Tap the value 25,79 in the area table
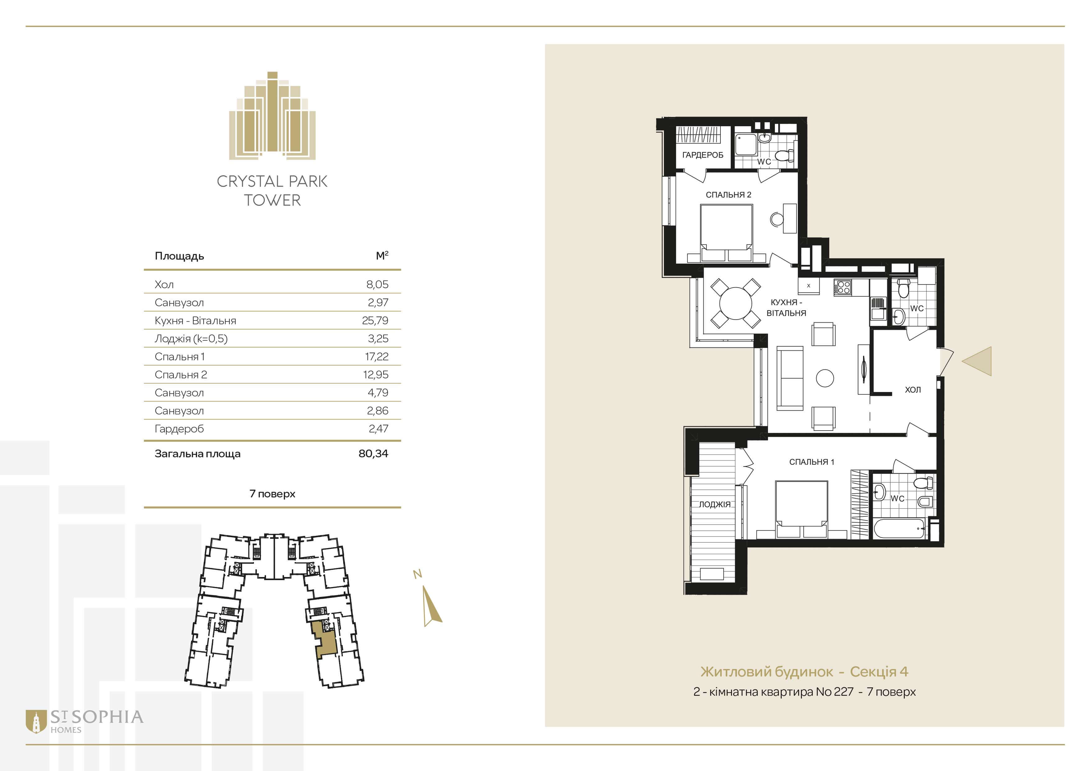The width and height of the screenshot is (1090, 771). (x=375, y=321)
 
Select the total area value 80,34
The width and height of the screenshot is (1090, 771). (x=373, y=453)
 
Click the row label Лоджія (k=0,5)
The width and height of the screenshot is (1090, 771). (x=191, y=339)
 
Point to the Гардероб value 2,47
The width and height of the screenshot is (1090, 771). (x=378, y=429)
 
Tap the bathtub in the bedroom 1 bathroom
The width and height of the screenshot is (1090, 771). (x=899, y=529)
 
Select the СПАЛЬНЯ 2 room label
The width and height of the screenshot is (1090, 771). (x=728, y=195)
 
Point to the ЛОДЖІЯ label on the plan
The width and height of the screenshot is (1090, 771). (x=715, y=505)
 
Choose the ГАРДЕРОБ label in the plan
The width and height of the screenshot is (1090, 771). (x=703, y=155)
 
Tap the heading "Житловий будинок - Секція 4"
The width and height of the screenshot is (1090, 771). (x=804, y=672)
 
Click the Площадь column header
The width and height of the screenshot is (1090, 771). (x=179, y=256)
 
